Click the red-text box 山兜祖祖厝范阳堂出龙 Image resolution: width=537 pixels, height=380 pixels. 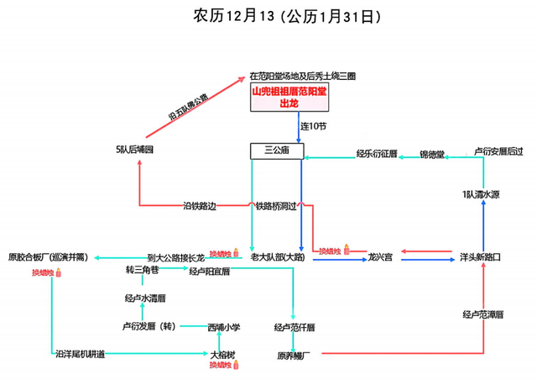[x=290, y=97]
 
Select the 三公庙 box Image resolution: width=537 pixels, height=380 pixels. [x=277, y=150]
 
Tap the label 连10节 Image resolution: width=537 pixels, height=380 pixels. [x=314, y=126]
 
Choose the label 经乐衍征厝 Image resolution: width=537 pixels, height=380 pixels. [x=376, y=154]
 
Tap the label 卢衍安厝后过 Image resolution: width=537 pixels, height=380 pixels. [x=498, y=152]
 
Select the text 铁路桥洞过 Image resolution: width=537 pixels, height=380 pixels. [x=277, y=206]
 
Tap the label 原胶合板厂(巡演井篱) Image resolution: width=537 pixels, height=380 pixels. [x=48, y=256]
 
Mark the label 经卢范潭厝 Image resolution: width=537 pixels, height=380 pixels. [x=482, y=314]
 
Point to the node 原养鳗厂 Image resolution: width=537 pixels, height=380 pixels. [x=295, y=355]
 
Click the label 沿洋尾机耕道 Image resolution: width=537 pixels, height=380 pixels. [x=81, y=355]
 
